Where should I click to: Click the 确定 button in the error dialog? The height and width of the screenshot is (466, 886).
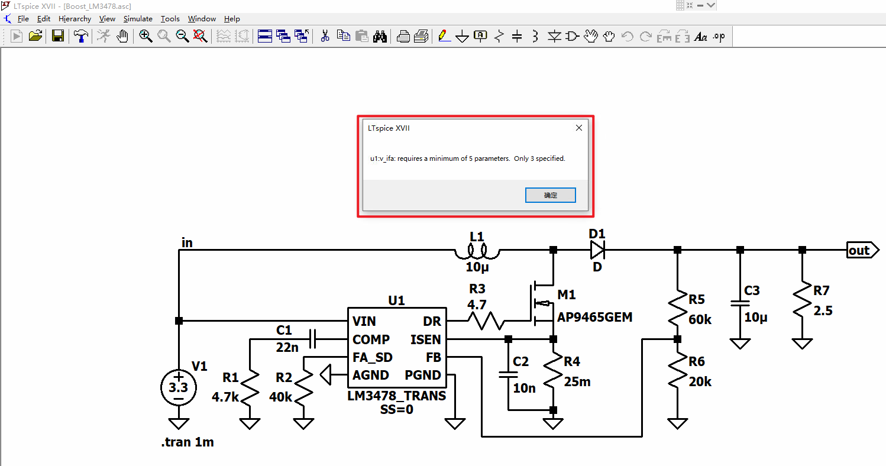550,195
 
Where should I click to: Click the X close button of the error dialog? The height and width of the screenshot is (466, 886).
579,128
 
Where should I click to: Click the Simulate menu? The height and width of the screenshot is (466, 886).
138,19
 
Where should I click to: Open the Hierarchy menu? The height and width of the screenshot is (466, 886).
75,19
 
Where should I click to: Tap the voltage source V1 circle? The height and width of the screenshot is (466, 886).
178,388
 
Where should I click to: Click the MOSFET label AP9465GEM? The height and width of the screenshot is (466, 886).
594,318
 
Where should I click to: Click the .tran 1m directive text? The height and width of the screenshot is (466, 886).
187,442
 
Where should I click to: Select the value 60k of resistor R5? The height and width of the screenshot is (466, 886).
700,319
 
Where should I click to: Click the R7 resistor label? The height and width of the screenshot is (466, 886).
822,290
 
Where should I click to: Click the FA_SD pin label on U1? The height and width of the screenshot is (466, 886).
372,358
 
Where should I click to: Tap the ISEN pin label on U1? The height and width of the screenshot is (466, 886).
425,339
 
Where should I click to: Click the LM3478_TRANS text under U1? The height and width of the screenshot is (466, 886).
396,396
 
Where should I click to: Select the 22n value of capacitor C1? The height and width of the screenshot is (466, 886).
287,348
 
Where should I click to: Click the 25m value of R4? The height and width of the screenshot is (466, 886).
577,382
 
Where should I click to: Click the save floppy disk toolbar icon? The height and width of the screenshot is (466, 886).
58,36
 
